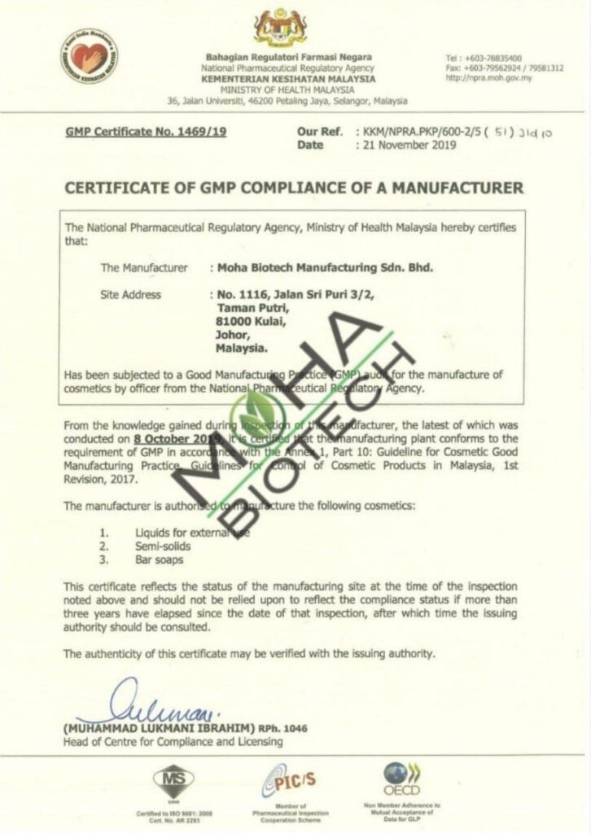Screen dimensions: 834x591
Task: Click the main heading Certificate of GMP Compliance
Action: coord(294,188)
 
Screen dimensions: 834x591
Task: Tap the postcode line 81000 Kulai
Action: coord(239,322)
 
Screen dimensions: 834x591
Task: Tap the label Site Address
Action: coord(130,295)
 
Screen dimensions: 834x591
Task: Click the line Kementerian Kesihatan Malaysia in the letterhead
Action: coord(289,79)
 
